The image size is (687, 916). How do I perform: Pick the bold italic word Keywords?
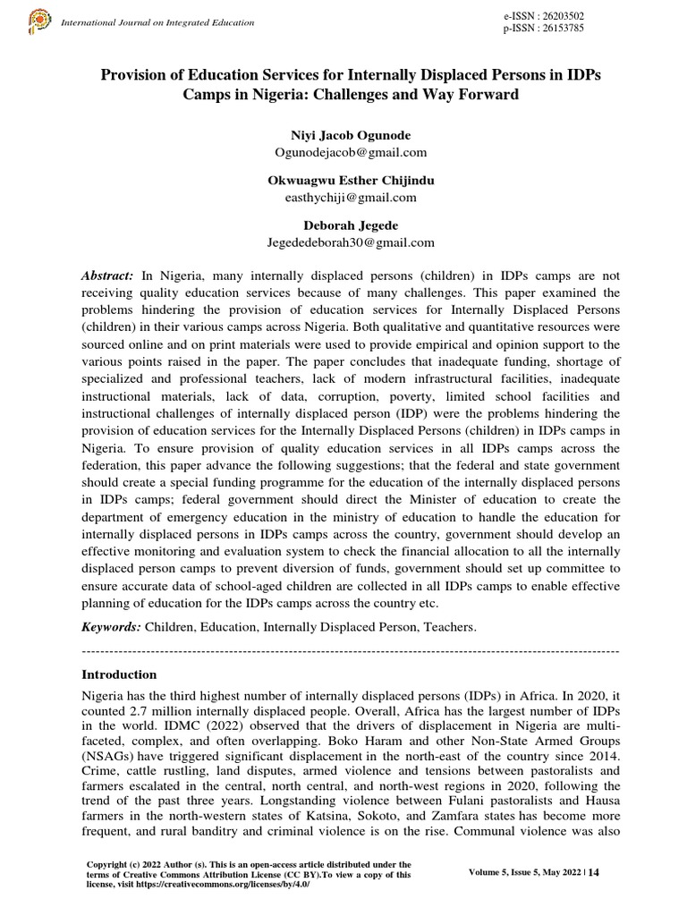(111, 628)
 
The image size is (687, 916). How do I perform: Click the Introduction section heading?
(119, 674)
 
